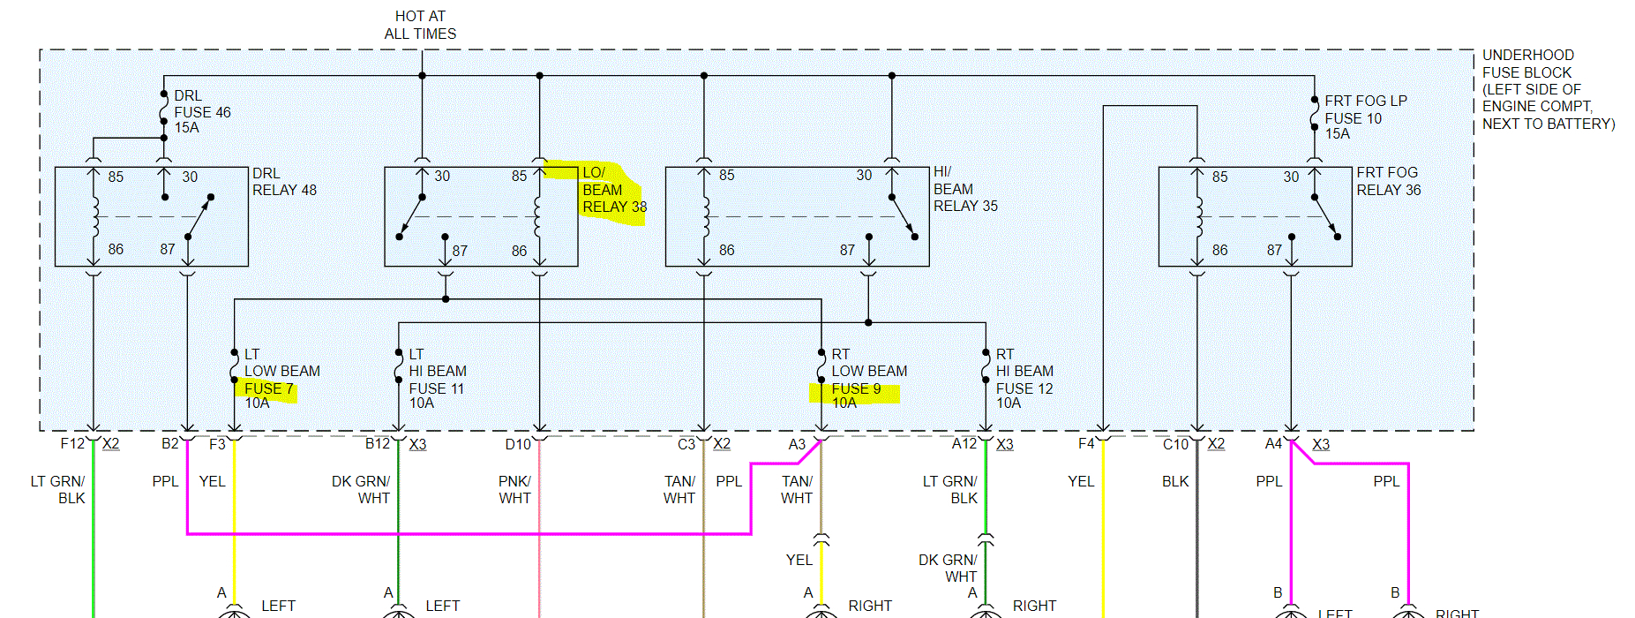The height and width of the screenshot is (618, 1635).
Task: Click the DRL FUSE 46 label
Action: (x=201, y=112)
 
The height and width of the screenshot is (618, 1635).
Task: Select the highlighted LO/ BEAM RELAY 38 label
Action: (x=613, y=191)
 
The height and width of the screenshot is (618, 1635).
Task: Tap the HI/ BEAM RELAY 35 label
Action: (x=964, y=189)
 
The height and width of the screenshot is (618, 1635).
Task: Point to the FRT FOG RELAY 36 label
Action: (x=1388, y=182)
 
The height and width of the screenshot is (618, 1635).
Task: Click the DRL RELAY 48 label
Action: (x=283, y=182)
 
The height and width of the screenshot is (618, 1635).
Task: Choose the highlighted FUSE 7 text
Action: (x=268, y=388)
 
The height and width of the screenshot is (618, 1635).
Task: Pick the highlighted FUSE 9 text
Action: (x=855, y=389)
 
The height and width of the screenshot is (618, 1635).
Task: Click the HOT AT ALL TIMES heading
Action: (x=420, y=25)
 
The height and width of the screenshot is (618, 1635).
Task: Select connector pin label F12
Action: (x=72, y=444)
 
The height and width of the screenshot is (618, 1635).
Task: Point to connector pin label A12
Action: (x=964, y=444)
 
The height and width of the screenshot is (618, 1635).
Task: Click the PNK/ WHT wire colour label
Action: (x=514, y=490)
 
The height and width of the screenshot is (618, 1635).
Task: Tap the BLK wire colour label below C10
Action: (x=1175, y=482)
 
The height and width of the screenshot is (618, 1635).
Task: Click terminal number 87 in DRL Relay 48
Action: (x=168, y=250)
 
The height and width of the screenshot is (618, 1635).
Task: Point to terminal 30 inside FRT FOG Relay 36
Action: (x=1291, y=177)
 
